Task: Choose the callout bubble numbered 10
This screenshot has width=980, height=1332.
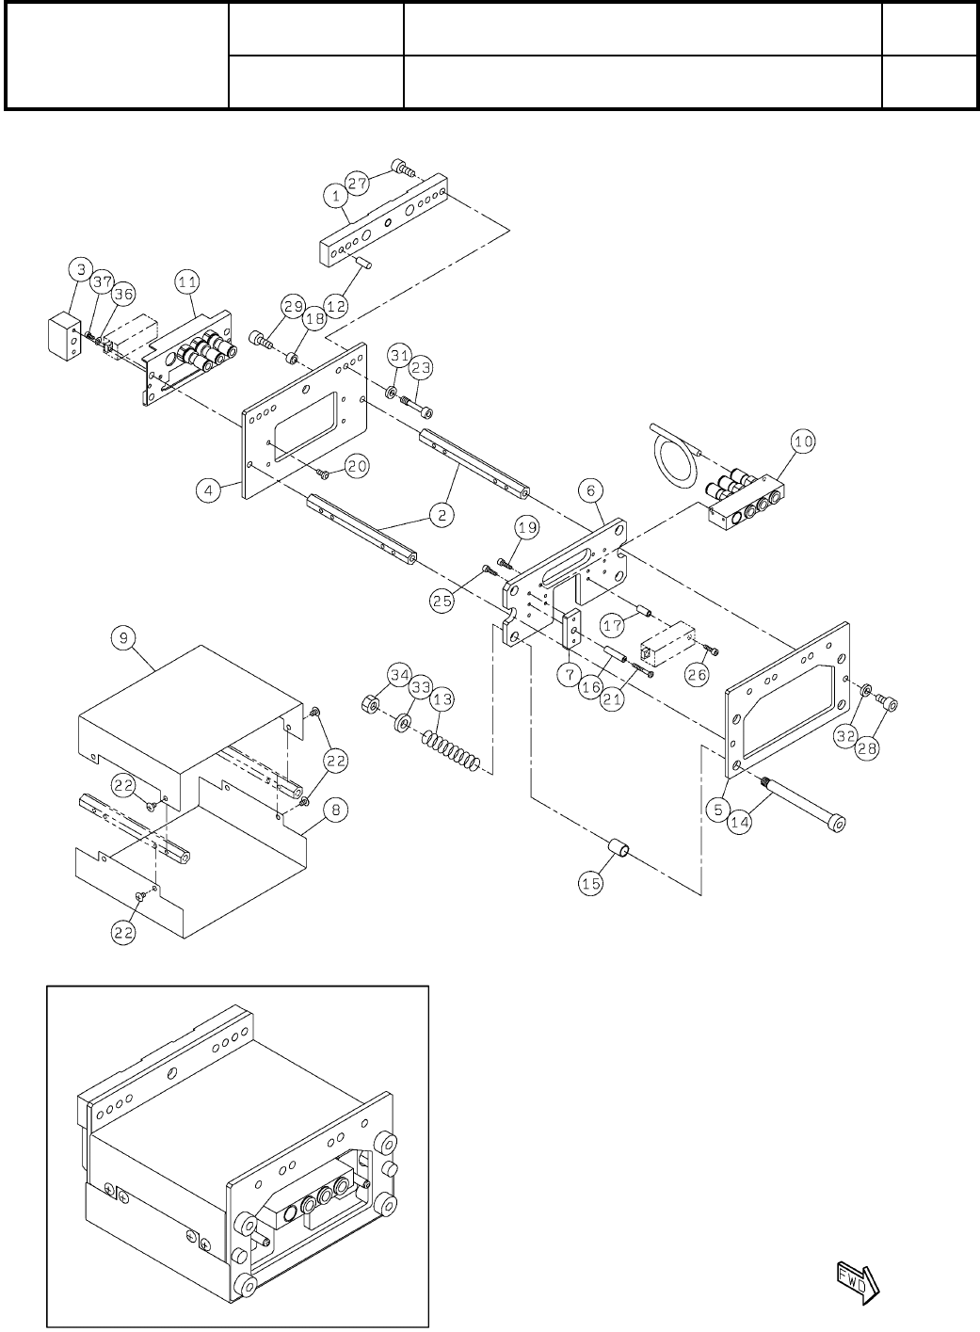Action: point(803,441)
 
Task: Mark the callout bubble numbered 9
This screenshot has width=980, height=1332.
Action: point(121,637)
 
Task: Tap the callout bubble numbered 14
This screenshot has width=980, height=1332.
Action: point(741,821)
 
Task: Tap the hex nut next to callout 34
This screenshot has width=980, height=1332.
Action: point(370,702)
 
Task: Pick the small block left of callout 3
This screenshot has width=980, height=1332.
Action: point(64,333)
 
